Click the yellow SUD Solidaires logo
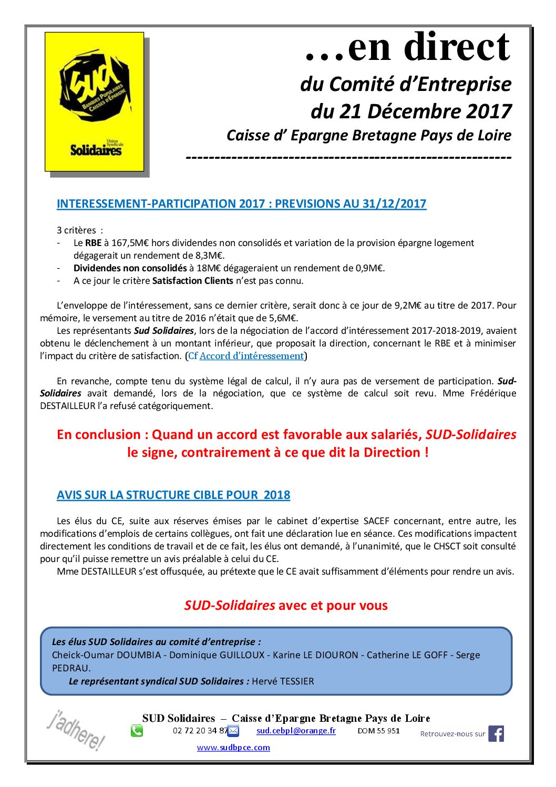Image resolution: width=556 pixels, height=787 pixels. [x=95, y=101]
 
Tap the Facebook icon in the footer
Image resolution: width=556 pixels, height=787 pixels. [x=496, y=733]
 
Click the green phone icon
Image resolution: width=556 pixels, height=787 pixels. [x=137, y=731]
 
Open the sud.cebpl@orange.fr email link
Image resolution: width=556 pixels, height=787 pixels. [x=296, y=730]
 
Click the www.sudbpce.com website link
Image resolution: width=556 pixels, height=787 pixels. [x=233, y=747]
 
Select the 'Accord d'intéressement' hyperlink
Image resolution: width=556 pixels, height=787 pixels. [x=252, y=356]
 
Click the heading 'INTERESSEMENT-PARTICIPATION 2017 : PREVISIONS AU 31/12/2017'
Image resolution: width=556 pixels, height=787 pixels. [x=241, y=204]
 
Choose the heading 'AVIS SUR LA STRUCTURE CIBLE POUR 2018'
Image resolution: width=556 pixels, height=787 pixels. [x=173, y=495]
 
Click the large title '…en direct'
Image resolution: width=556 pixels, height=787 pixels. [x=407, y=47]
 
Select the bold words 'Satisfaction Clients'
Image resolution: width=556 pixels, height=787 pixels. [x=192, y=281]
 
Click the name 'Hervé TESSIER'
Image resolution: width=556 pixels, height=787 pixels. [x=283, y=681]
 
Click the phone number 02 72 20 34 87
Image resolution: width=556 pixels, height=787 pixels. [x=200, y=730]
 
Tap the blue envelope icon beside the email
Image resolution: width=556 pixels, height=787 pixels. [x=233, y=731]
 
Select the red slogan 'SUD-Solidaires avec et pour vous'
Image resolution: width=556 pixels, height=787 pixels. [x=286, y=605]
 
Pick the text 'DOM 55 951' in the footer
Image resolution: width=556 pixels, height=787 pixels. [x=378, y=730]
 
